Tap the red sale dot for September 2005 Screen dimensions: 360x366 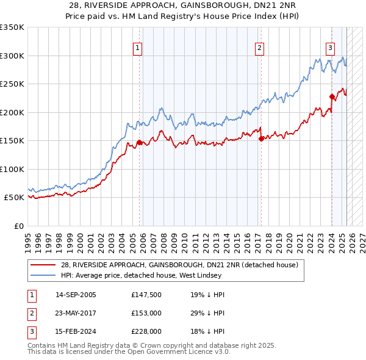(139, 142)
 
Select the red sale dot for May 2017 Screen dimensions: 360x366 (261, 139)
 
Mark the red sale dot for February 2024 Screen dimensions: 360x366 (332, 96)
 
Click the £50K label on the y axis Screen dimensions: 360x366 (14, 198)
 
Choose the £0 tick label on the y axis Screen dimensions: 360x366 (18, 226)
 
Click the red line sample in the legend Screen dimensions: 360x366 (45, 265)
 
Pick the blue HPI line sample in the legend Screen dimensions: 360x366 (45, 275)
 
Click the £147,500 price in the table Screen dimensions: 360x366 (146, 295)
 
